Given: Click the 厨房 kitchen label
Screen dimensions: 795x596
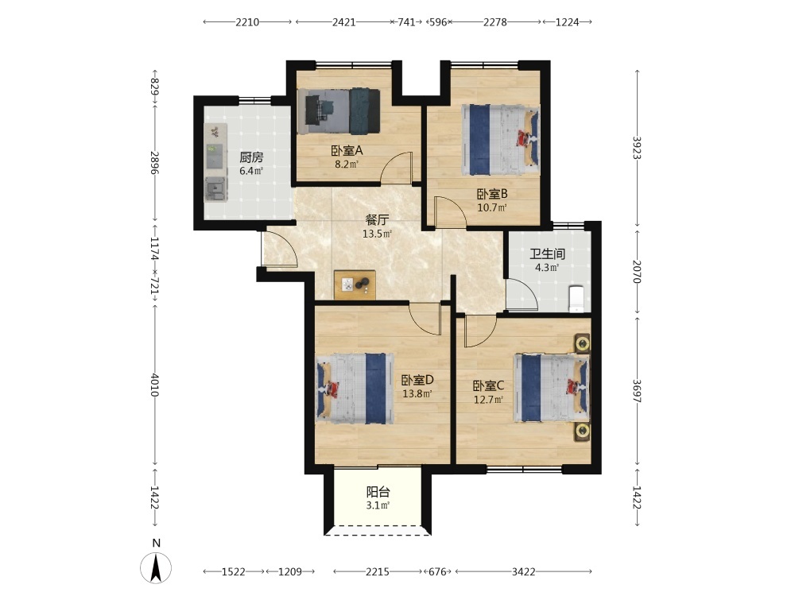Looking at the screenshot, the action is [251, 157].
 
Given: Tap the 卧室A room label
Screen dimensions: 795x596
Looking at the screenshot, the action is [347, 150].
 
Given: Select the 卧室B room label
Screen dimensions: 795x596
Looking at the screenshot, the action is [492, 194].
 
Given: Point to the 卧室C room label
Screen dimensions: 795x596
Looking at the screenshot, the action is [488, 386].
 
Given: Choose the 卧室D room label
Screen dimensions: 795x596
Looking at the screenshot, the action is [417, 380].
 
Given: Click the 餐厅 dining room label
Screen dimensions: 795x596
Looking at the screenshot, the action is [377, 220].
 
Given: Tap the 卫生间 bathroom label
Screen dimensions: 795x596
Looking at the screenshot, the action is [547, 254].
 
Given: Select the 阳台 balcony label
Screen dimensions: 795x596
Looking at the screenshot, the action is [378, 492].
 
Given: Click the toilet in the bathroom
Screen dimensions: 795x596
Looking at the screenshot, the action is [576, 299].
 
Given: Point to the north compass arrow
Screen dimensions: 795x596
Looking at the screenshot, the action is [156, 567].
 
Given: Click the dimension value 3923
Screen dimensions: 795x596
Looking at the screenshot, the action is [637, 148].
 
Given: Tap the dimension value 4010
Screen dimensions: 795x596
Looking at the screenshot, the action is [155, 385].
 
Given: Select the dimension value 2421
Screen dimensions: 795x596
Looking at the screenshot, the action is [343, 22].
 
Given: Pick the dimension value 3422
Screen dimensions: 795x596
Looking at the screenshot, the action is [523, 571].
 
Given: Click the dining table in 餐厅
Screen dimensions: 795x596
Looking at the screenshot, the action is [355, 284].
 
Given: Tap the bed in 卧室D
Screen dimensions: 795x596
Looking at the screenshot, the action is [355, 389].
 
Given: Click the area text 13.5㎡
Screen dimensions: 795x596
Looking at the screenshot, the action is [377, 234].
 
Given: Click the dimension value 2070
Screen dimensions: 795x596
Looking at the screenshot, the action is [637, 272].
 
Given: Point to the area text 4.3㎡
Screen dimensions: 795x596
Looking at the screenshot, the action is [547, 268].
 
